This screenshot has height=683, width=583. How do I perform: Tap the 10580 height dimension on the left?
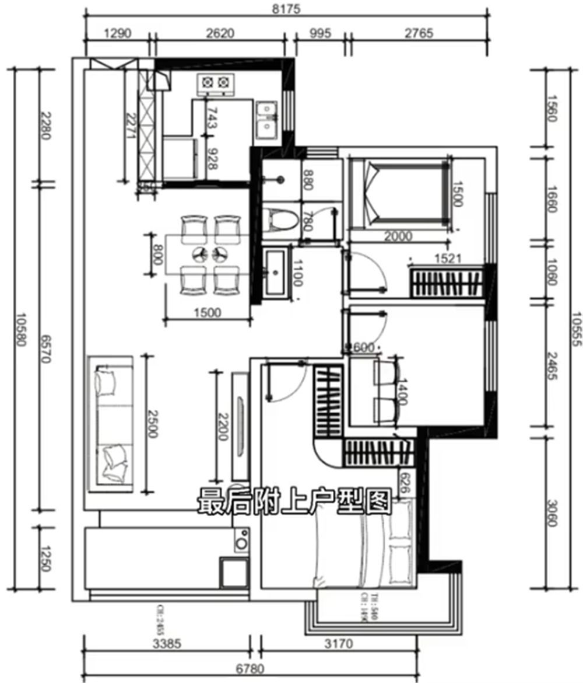22,330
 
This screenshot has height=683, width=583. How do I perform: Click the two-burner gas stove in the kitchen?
214,85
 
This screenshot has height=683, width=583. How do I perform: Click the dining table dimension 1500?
207,312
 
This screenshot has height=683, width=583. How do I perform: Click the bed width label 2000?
399,236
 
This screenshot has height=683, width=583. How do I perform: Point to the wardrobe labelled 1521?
447,283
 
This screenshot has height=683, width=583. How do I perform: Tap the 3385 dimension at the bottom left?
166,644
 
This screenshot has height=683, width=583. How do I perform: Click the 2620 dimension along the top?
220,33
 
